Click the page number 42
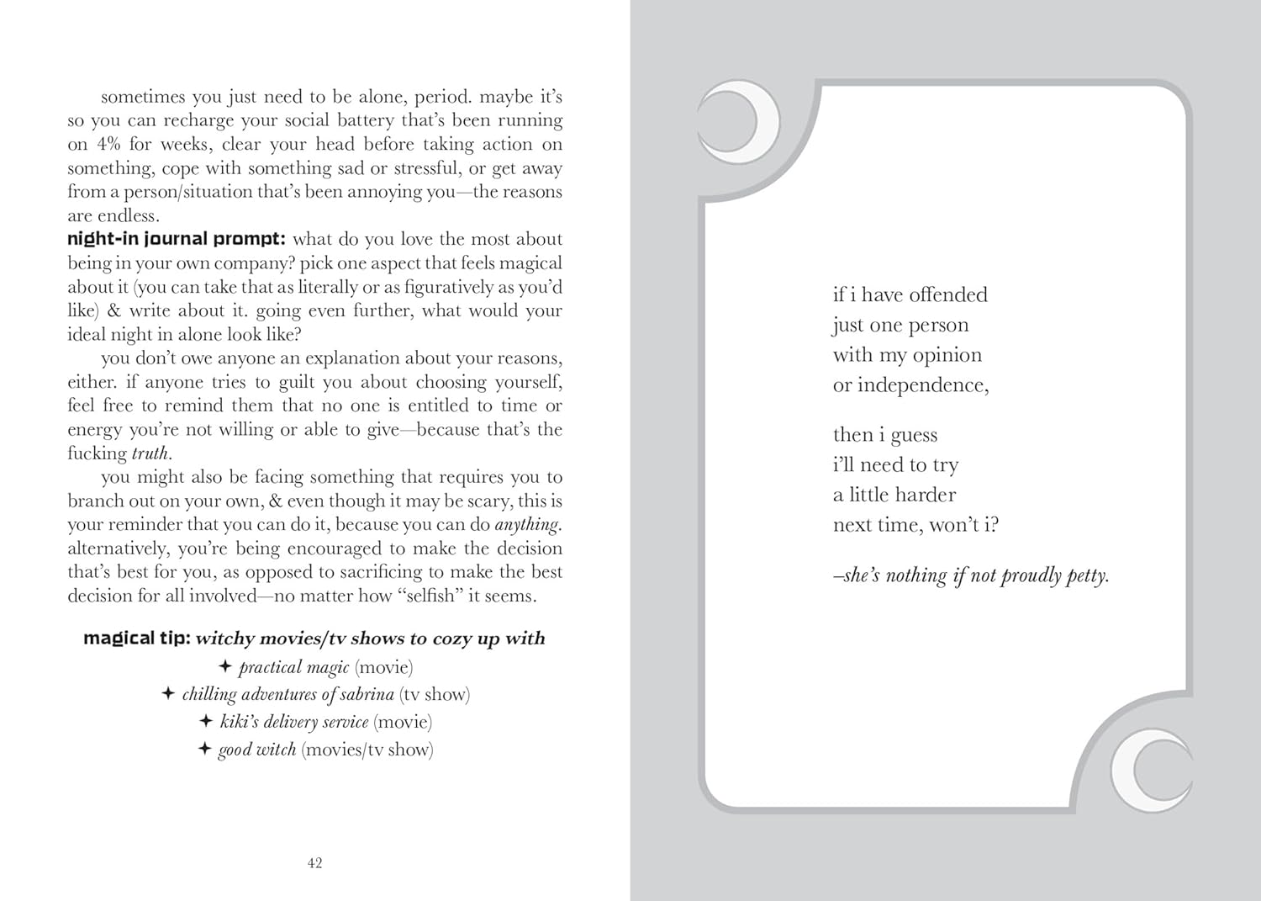315,862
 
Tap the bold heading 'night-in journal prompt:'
176,239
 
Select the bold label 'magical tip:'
136,639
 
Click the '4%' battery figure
109,144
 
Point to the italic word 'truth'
150,453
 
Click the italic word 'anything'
527,525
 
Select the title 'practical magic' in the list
293,668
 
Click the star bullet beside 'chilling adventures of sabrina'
168,694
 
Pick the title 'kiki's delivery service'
294,723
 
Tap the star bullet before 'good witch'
204,749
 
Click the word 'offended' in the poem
948,295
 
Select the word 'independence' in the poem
922,385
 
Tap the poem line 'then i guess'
884,435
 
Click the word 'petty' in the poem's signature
1086,576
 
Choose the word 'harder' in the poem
925,495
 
